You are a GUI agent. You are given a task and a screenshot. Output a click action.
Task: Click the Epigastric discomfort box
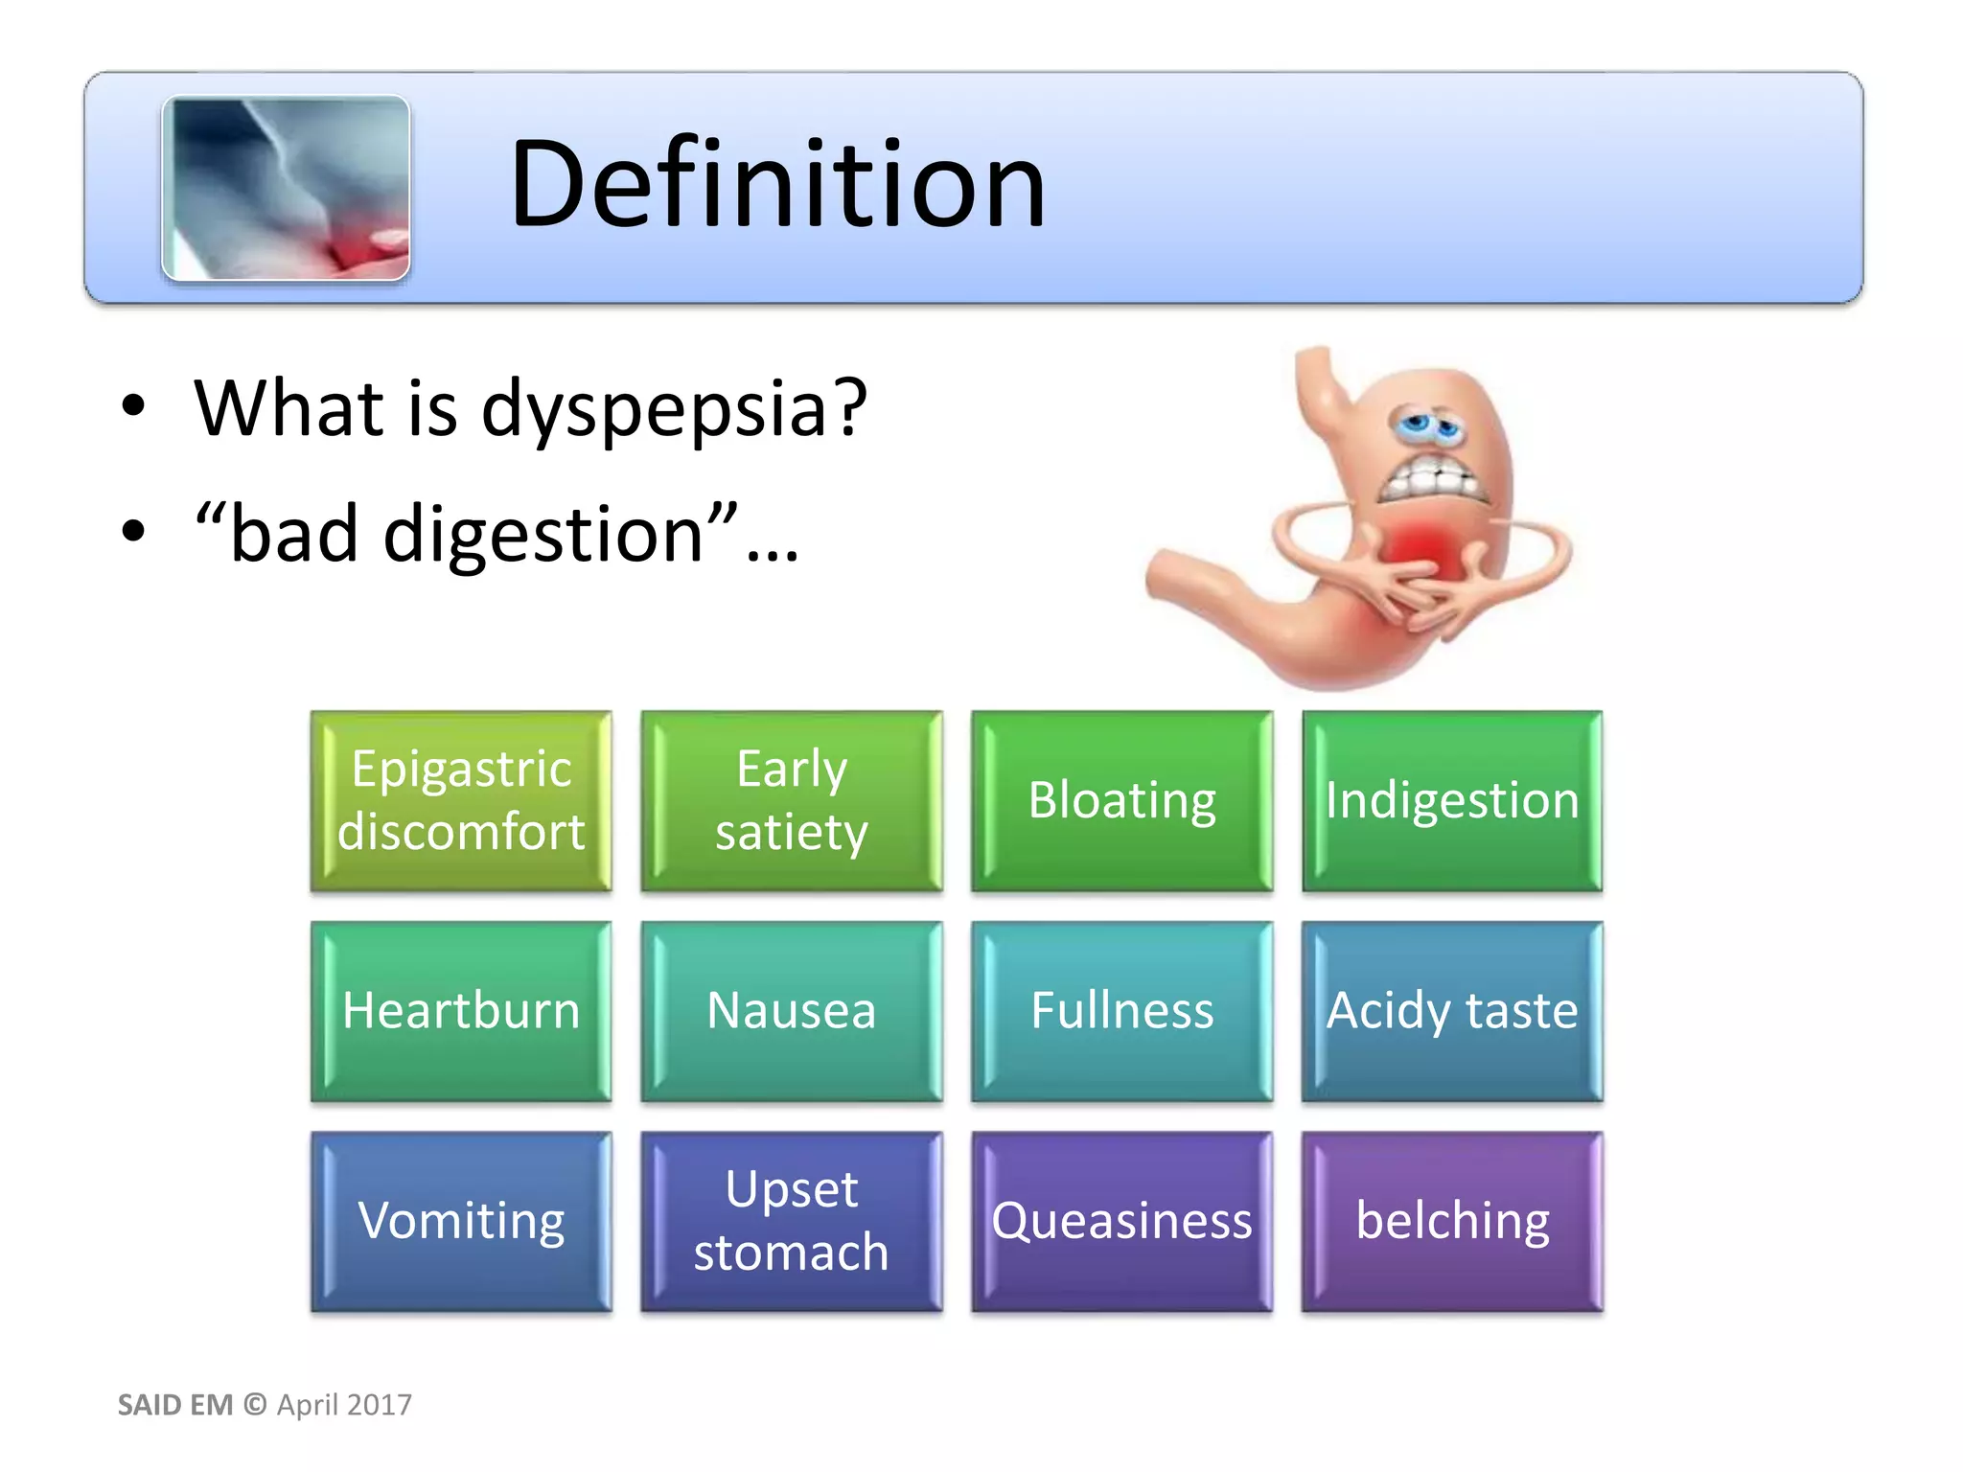point(461,800)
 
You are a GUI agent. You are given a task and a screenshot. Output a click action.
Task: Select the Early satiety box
point(792,800)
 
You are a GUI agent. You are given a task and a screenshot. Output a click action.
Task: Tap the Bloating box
point(1121,800)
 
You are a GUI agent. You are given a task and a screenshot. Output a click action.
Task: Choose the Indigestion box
point(1452,800)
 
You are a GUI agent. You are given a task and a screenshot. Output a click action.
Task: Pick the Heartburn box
point(461,1011)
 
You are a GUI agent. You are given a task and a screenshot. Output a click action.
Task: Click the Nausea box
point(792,1011)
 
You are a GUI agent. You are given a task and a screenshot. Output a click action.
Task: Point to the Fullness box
point(1121,1011)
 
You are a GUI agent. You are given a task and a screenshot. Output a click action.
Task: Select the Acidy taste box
point(1452,1011)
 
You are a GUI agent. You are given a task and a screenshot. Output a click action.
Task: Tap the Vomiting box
point(461,1221)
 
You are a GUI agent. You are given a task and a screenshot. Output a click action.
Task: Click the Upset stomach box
point(792,1221)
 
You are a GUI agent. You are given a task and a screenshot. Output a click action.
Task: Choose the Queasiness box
point(1121,1221)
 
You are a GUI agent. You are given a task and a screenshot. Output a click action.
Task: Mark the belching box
point(1452,1221)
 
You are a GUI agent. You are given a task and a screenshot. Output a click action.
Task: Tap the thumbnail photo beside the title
point(286,188)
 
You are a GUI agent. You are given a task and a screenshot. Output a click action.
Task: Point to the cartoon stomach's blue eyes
point(1427,424)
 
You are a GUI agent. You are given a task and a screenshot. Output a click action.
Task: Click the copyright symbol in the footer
point(255,1405)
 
